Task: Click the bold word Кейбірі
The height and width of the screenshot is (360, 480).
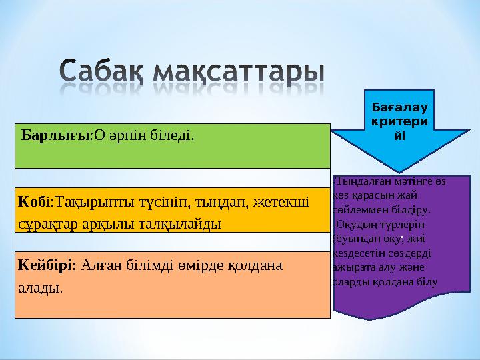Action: [x=44, y=265]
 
